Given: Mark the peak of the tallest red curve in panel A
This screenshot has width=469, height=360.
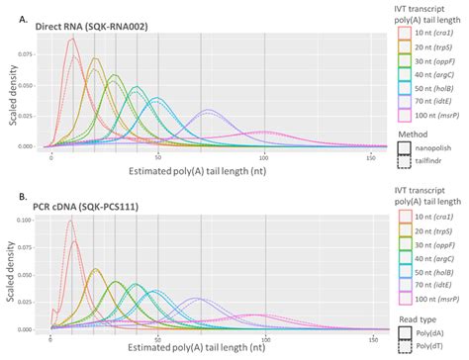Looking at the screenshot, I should [x=72, y=38].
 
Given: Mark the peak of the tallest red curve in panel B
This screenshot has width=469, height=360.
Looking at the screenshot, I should [x=70, y=221].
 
